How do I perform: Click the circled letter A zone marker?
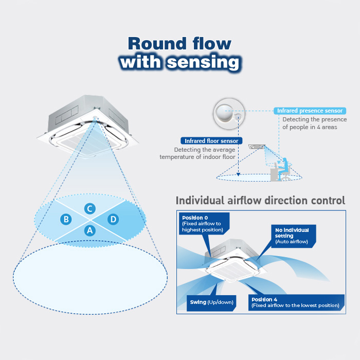coord(90,230)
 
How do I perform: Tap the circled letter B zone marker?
coord(66,219)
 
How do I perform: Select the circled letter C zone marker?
coord(90,208)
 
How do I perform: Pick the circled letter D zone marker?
coord(113,219)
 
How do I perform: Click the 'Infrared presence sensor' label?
coord(310,111)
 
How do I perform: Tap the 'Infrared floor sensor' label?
coord(211,141)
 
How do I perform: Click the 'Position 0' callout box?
coord(204,223)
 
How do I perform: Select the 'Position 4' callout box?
coord(296,302)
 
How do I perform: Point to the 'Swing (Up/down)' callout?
coord(211,303)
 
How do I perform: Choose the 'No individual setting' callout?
coord(294,236)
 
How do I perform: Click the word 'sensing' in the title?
coord(204,62)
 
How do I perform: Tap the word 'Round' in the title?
coord(157,43)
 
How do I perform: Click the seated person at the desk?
coord(283,169)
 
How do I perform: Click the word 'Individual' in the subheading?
coord(200,200)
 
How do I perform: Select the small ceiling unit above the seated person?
coord(257,147)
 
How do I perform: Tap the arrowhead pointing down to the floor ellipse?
coord(238,174)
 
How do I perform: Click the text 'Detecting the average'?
coord(205,150)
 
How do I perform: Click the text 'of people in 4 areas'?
coord(310,127)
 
